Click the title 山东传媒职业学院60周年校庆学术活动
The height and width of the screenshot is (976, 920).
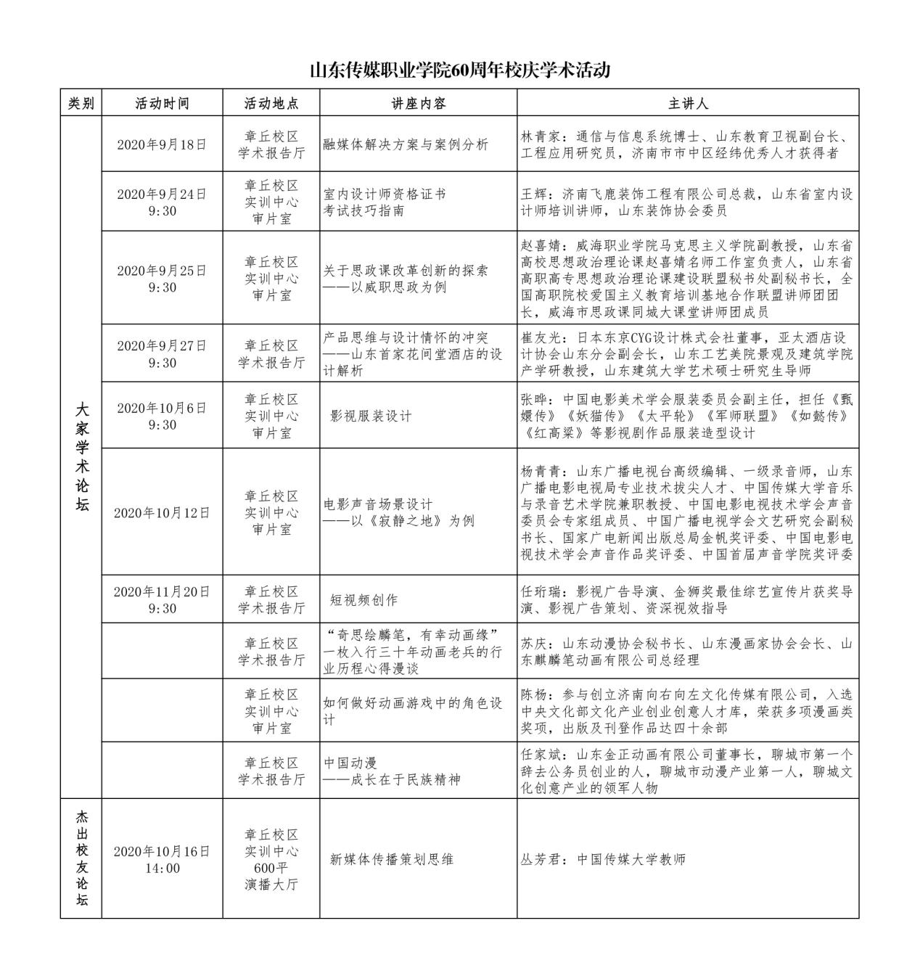click(x=459, y=70)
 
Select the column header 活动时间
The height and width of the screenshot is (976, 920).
click(x=162, y=103)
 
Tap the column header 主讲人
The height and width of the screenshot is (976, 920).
click(x=687, y=103)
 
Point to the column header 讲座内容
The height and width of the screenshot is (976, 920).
click(x=418, y=103)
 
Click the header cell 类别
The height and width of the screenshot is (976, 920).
click(x=81, y=103)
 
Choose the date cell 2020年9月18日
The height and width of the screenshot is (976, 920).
click(x=162, y=144)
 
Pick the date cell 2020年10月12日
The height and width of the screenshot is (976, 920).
click(x=162, y=512)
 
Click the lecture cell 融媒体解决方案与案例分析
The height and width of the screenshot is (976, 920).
click(x=406, y=144)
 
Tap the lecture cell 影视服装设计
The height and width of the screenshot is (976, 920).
click(x=371, y=416)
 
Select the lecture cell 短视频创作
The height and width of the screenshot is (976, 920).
click(x=364, y=600)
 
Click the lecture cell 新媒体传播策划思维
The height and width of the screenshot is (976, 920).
click(x=392, y=859)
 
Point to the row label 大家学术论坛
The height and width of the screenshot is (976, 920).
click(x=81, y=457)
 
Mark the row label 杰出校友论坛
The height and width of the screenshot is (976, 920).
click(x=81, y=859)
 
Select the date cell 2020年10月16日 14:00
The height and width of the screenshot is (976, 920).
click(x=162, y=859)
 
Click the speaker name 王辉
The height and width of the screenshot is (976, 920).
click(x=533, y=194)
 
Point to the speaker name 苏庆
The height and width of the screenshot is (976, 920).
click(x=533, y=644)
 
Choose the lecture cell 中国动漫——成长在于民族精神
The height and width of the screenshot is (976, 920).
click(x=392, y=771)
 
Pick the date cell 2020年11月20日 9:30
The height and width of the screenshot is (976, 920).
click(x=162, y=600)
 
